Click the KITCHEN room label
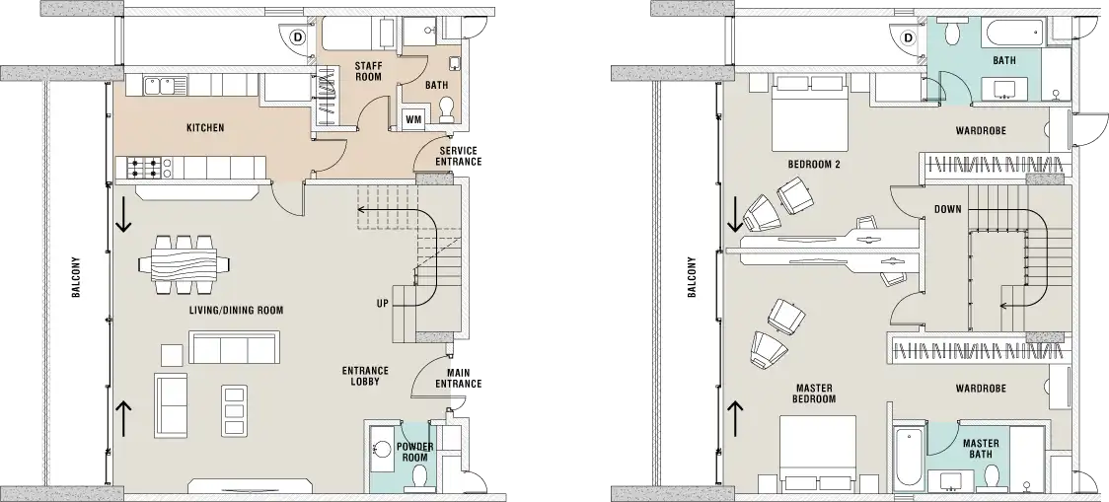coord(205,128)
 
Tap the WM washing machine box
coord(413,119)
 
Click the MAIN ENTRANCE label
coord(462,377)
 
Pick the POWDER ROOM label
coord(415,452)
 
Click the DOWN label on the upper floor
coord(947,208)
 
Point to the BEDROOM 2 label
coord(814,165)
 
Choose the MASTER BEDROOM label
coord(815,394)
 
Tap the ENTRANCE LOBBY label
coord(365,377)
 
